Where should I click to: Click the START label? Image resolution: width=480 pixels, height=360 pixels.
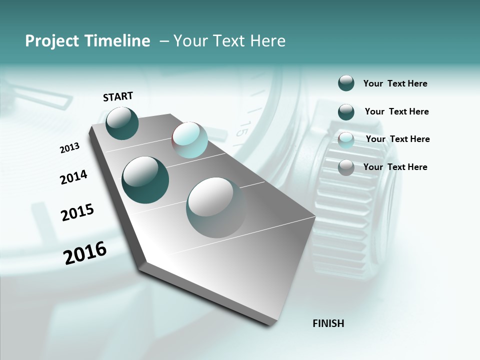pos(118,96)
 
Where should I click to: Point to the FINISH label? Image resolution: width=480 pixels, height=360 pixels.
pos(328,323)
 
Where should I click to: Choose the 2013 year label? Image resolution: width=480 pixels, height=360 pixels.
pos(69,148)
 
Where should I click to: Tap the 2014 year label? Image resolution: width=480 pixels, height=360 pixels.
pos(73,177)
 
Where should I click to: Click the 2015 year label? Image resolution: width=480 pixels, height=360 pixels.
pos(77,212)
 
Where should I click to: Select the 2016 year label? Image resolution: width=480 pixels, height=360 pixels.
pos(85,253)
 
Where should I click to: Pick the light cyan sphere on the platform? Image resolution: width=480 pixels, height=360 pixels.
pos(189,140)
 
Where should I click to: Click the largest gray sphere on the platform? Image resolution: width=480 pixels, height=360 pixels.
pos(216,207)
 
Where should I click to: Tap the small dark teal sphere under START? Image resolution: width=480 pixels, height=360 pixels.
pos(122,123)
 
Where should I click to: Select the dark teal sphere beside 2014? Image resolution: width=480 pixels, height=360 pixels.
pos(145,180)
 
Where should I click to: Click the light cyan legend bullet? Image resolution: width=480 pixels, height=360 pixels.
pos(346,140)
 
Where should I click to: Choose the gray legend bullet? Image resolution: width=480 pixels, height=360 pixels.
pos(346,167)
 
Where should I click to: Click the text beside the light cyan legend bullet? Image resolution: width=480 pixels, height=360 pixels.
pos(397,139)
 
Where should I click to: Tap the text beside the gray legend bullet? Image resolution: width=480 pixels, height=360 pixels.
pos(395,167)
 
